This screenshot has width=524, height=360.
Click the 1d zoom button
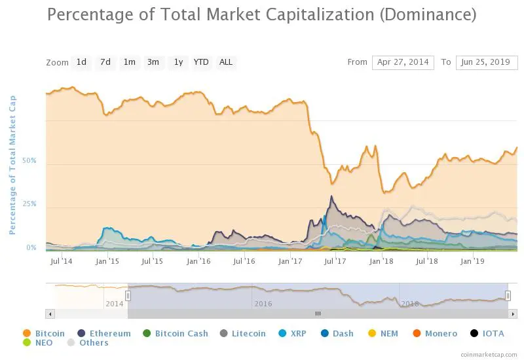click(81, 62)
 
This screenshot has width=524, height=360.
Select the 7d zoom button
click(105, 62)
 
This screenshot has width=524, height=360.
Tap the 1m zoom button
click(129, 62)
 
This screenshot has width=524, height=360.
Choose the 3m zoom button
click(153, 62)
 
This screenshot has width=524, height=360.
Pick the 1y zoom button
click(178, 62)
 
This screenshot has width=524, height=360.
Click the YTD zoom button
click(201, 62)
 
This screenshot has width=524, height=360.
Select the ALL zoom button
click(226, 62)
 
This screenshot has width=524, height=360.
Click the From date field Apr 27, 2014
click(403, 62)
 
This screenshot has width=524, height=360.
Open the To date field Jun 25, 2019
click(487, 62)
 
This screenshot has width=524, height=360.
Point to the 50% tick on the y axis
click(29, 161)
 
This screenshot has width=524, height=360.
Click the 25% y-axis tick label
click(29, 204)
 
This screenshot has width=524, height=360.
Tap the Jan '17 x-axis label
click(290, 261)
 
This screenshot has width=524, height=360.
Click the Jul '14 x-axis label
click(61, 261)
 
